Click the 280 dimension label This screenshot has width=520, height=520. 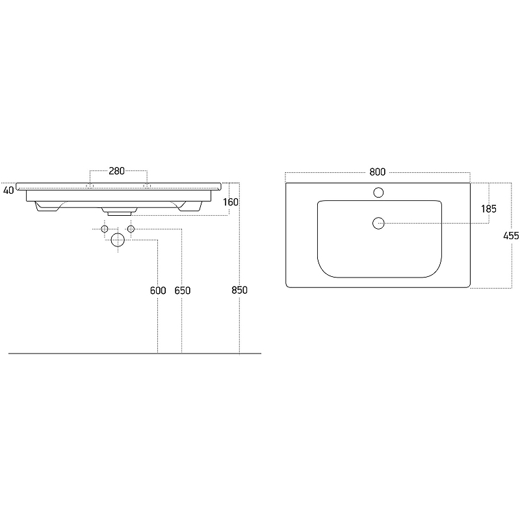[x=117, y=171]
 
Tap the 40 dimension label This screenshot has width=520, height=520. [x=8, y=190]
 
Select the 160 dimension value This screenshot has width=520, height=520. [x=231, y=202]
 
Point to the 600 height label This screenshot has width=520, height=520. [x=158, y=291]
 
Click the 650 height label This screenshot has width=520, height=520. [x=183, y=291]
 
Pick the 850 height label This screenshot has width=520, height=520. [x=239, y=290]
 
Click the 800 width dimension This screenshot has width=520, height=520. [x=378, y=172]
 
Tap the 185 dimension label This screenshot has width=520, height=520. [x=489, y=209]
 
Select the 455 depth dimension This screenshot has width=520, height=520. [x=511, y=236]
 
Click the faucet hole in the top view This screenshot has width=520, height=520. [x=378, y=192]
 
